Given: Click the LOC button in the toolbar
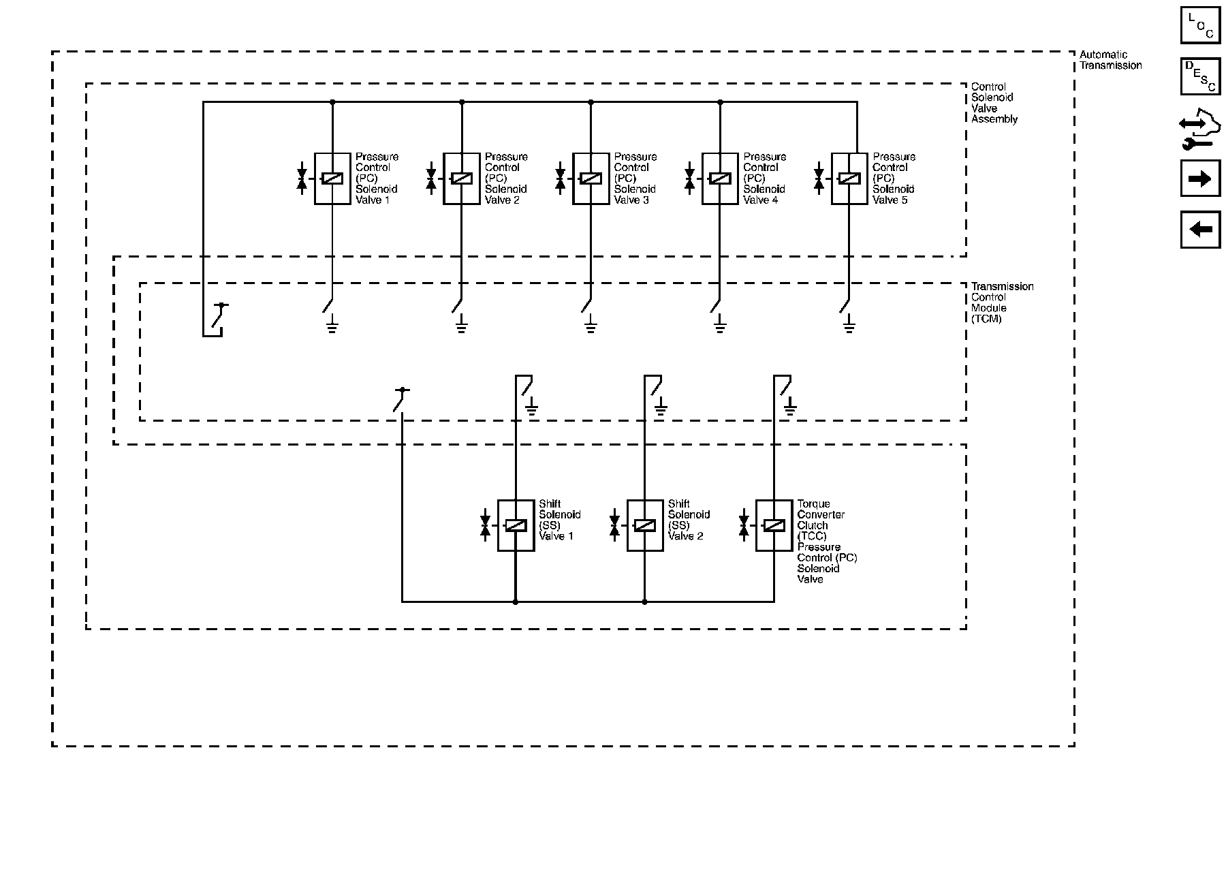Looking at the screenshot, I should tap(1200, 25).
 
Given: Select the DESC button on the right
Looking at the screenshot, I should tap(1200, 76).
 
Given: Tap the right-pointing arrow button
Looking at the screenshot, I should tap(1200, 179).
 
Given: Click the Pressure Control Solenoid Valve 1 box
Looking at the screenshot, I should tap(332, 178).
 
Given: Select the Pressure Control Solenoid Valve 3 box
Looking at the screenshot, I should tap(591, 178).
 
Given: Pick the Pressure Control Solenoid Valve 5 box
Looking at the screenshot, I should tap(849, 178).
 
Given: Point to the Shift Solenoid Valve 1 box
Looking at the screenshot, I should tap(516, 525).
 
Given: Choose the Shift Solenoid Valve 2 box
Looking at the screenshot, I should tap(645, 525).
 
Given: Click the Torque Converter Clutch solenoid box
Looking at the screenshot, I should tap(774, 525).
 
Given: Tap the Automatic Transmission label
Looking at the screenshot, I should tap(1110, 60).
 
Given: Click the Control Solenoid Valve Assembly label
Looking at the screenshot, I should tap(994, 103).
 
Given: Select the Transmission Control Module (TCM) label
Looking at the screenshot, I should tap(1002, 302).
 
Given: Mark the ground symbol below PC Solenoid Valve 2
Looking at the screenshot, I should tap(461, 324).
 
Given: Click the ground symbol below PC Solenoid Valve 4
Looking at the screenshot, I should tap(719, 324).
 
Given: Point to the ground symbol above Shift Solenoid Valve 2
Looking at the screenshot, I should tap(661, 408).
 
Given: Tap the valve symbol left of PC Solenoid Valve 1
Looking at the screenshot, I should tap(302, 179).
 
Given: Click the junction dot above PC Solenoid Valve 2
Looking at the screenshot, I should tap(462, 102).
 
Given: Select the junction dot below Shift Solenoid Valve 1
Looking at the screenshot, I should tap(516, 602).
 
